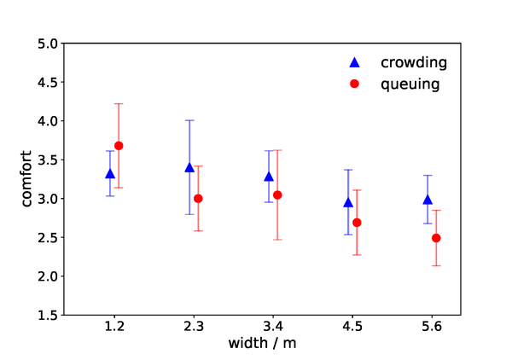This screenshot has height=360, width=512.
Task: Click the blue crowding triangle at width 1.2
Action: tap(110, 174)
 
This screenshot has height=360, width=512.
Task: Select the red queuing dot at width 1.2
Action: tap(119, 146)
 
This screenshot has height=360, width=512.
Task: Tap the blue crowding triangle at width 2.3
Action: tap(189, 167)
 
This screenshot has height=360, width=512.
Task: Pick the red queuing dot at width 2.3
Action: tap(198, 199)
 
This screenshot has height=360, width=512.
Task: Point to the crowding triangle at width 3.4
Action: tap(269, 177)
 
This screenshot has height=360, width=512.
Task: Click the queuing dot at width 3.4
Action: tap(277, 195)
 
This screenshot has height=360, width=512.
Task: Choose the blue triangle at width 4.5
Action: tap(348, 202)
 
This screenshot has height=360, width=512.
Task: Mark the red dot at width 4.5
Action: tap(357, 223)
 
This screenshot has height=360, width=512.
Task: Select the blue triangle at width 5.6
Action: tap(428, 200)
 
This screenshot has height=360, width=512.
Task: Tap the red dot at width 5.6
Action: tap(436, 238)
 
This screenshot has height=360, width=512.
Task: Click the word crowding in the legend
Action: tap(414, 62)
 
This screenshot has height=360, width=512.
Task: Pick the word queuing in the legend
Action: tap(410, 84)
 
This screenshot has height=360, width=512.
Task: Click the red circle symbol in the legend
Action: tap(356, 84)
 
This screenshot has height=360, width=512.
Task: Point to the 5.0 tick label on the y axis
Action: tap(47, 44)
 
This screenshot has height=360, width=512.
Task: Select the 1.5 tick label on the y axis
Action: tap(47, 316)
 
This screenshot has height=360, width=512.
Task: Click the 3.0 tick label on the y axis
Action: tap(47, 199)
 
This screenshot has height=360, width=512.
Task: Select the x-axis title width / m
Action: tap(263, 343)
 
